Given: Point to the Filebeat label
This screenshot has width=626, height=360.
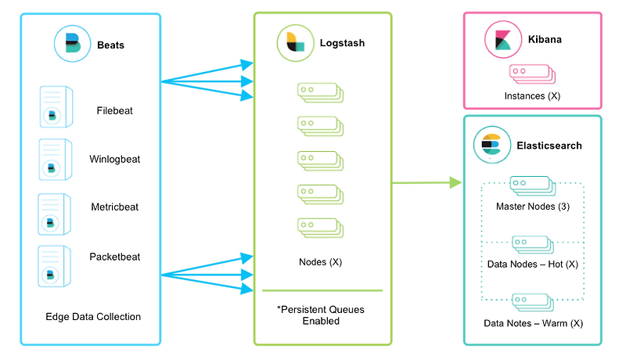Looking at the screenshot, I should (115, 110).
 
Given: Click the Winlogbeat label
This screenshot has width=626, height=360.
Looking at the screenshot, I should (115, 160).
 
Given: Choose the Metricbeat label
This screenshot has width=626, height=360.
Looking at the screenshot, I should (115, 207).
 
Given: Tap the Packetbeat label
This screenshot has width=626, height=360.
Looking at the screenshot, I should (115, 256).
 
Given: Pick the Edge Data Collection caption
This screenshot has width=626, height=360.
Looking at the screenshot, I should (93, 317).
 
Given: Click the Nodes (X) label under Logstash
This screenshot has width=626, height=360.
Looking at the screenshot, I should (321, 261).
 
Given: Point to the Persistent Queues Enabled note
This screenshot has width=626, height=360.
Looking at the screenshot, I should (322, 315).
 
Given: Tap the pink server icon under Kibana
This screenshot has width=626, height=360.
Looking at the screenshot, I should (532, 74).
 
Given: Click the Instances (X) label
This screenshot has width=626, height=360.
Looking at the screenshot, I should (532, 95).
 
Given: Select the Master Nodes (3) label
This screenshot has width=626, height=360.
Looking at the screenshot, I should (532, 207).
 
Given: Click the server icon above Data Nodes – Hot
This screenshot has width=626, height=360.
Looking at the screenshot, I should (532, 244).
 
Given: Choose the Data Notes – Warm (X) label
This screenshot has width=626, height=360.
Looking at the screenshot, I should (532, 322).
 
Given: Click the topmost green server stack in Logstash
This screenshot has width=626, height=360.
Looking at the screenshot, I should (319, 92).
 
